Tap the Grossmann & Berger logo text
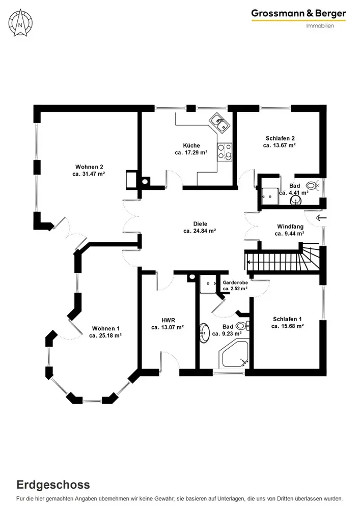click(x=298, y=13)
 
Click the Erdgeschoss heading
click(x=53, y=484)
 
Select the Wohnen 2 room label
click(x=89, y=167)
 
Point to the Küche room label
click(x=191, y=145)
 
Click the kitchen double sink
click(x=220, y=121)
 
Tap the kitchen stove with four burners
click(x=225, y=152)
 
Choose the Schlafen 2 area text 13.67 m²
click(x=280, y=145)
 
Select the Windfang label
click(x=289, y=227)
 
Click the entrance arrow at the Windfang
click(x=321, y=218)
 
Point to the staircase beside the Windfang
click(x=283, y=260)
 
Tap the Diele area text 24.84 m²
click(x=200, y=231)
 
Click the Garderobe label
click(x=235, y=282)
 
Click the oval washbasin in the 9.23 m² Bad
click(x=205, y=333)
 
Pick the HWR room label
click(x=168, y=320)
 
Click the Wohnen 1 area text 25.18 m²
click(x=105, y=335)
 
